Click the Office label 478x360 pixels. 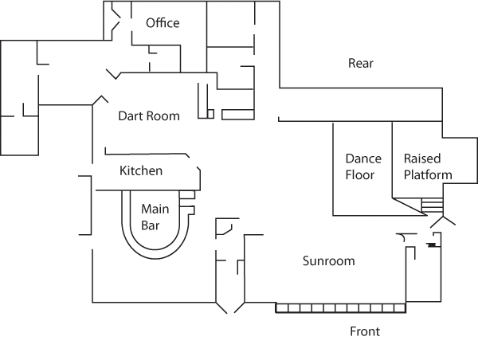163,23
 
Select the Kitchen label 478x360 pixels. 141,170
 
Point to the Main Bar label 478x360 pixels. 155,217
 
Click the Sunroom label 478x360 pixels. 328,260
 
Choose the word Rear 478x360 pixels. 361,63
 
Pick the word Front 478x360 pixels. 366,331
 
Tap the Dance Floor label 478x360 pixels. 363,166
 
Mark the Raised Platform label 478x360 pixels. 428,166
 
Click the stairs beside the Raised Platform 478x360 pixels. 431,206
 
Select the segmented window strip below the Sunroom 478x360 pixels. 341,307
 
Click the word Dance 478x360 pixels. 363,158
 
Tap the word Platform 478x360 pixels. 428,175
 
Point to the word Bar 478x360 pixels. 151,225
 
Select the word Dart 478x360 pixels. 131,115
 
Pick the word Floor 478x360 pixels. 360,175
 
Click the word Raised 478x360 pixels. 422,158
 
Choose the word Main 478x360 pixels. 155,209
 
